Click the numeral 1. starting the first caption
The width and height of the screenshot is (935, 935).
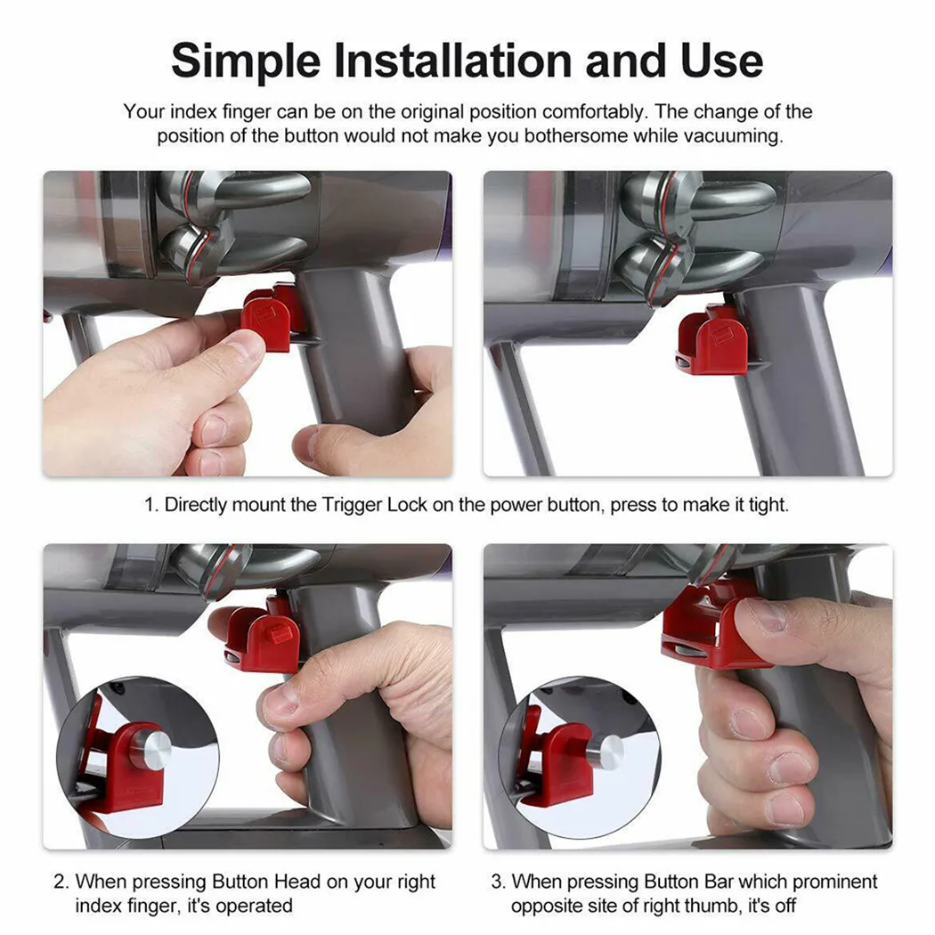click(152, 505)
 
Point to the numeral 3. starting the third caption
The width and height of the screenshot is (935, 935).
click(498, 882)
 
